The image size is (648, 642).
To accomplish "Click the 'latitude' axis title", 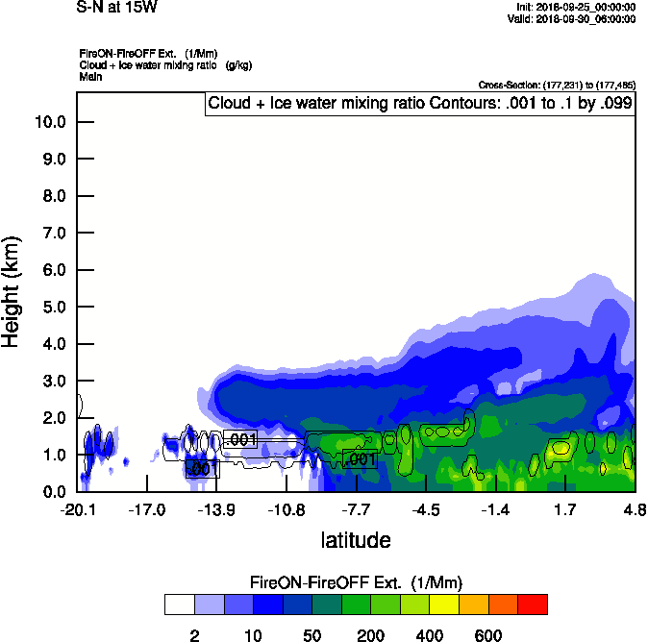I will click(355, 540).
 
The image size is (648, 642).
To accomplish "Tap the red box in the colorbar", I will click(532, 605).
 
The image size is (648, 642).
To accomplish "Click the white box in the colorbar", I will click(179, 605).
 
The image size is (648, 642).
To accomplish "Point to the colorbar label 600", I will click(487, 635).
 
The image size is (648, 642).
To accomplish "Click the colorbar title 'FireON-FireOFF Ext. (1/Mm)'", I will click(356, 583).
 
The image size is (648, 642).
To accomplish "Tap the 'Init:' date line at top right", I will click(574, 7).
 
